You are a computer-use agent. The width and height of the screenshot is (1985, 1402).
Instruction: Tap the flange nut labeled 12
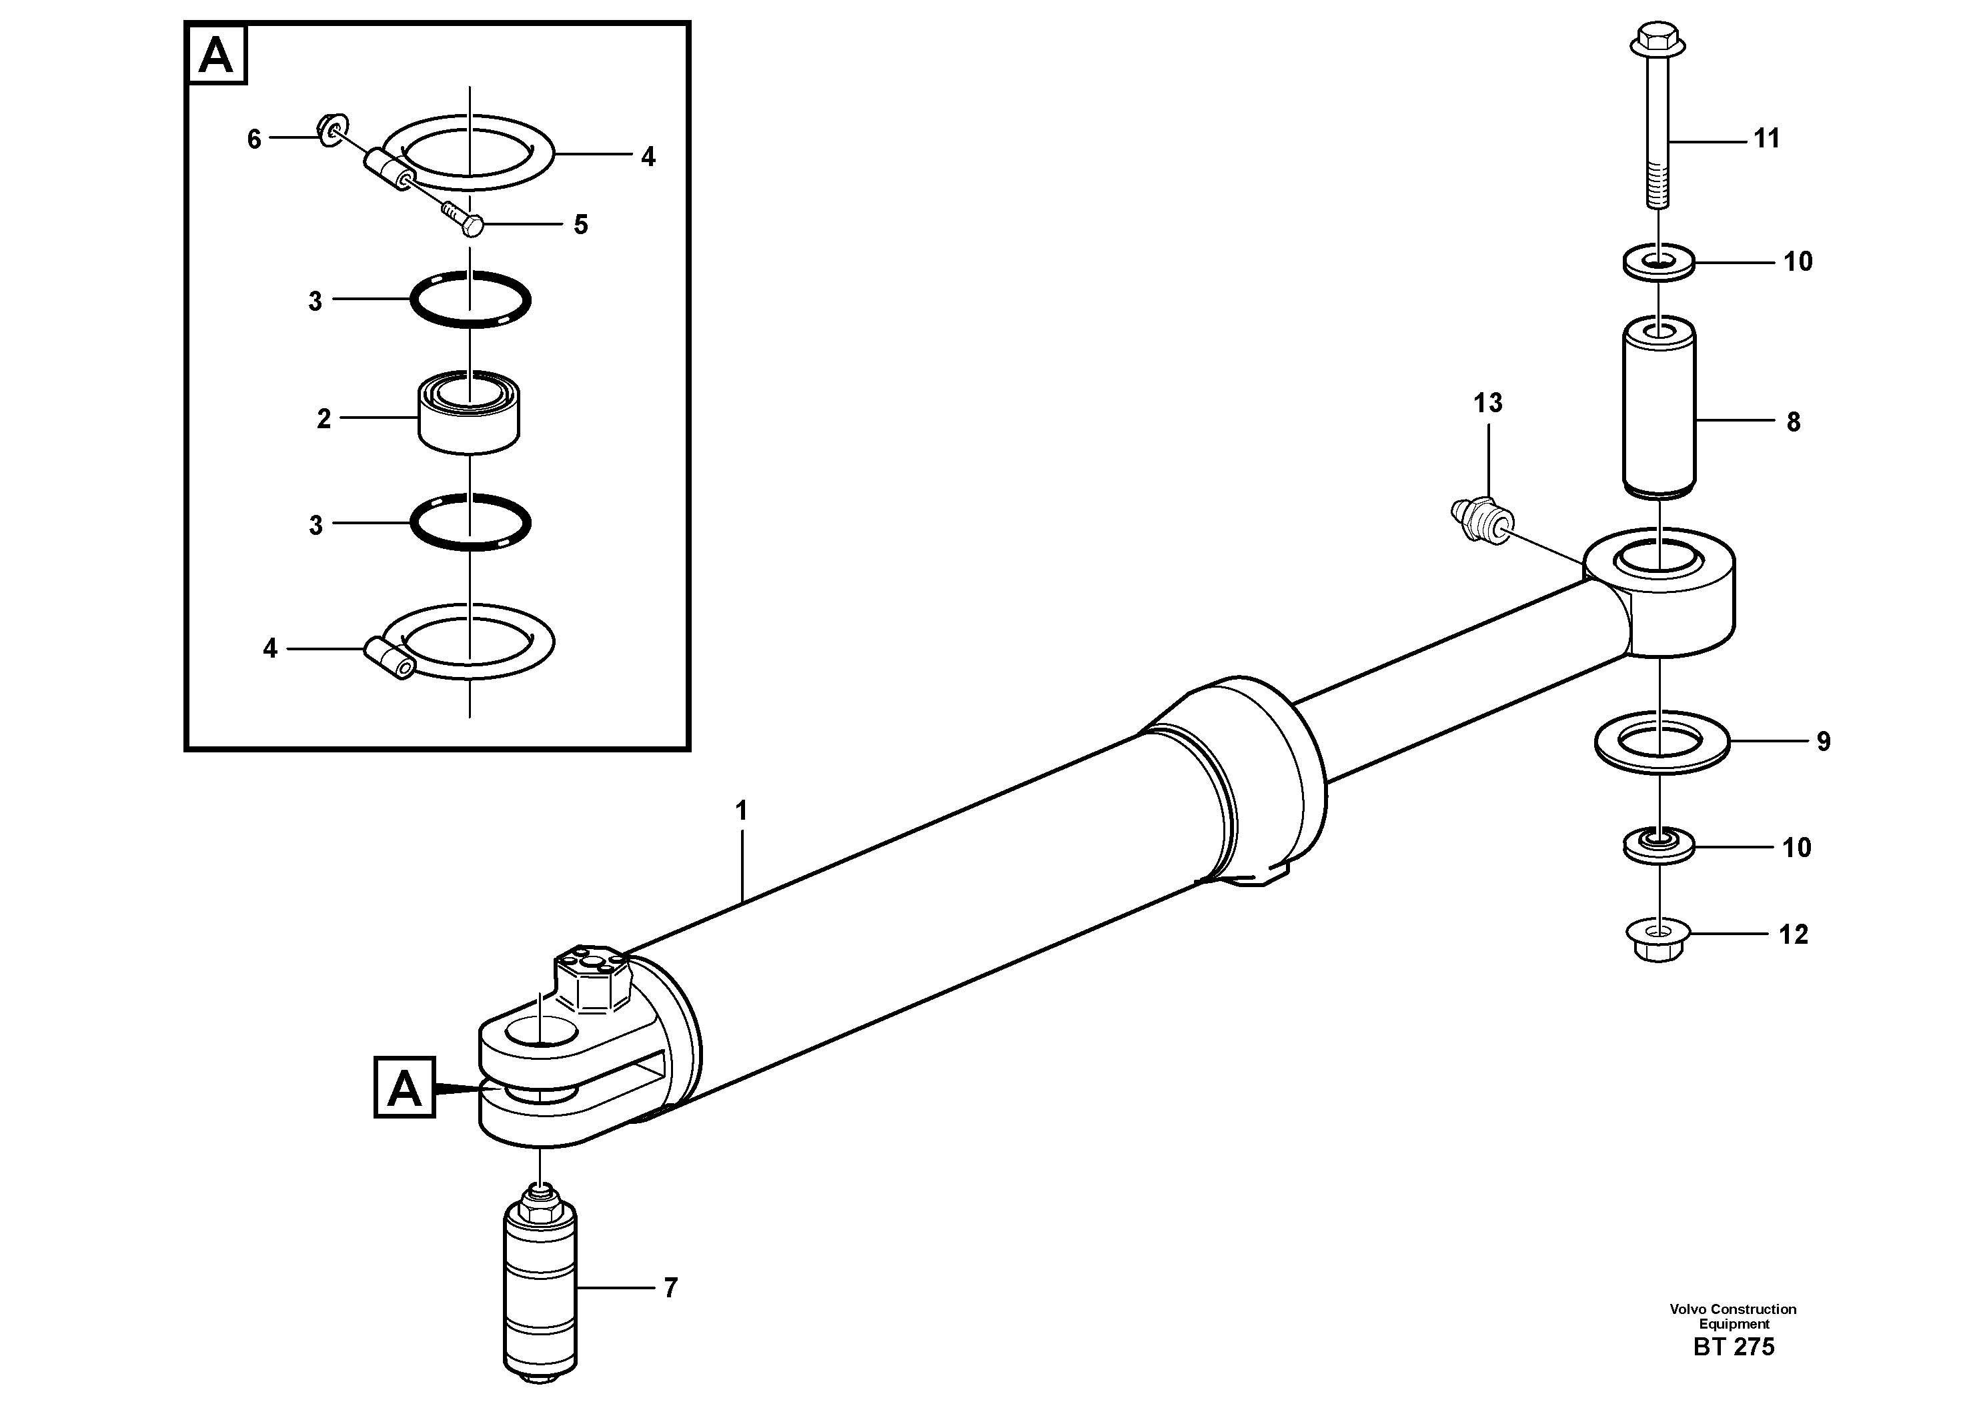point(1658,941)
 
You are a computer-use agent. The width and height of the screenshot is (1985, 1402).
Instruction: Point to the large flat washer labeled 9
point(1661,742)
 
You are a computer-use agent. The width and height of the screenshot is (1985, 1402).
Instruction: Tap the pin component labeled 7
point(540,1288)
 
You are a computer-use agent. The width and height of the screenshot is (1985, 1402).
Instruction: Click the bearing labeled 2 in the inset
point(469,412)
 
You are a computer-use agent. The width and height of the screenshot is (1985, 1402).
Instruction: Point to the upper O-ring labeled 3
point(470,299)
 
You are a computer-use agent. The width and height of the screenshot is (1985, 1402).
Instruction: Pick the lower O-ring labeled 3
point(470,523)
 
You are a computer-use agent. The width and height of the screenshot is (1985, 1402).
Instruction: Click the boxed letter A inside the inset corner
point(216,55)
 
